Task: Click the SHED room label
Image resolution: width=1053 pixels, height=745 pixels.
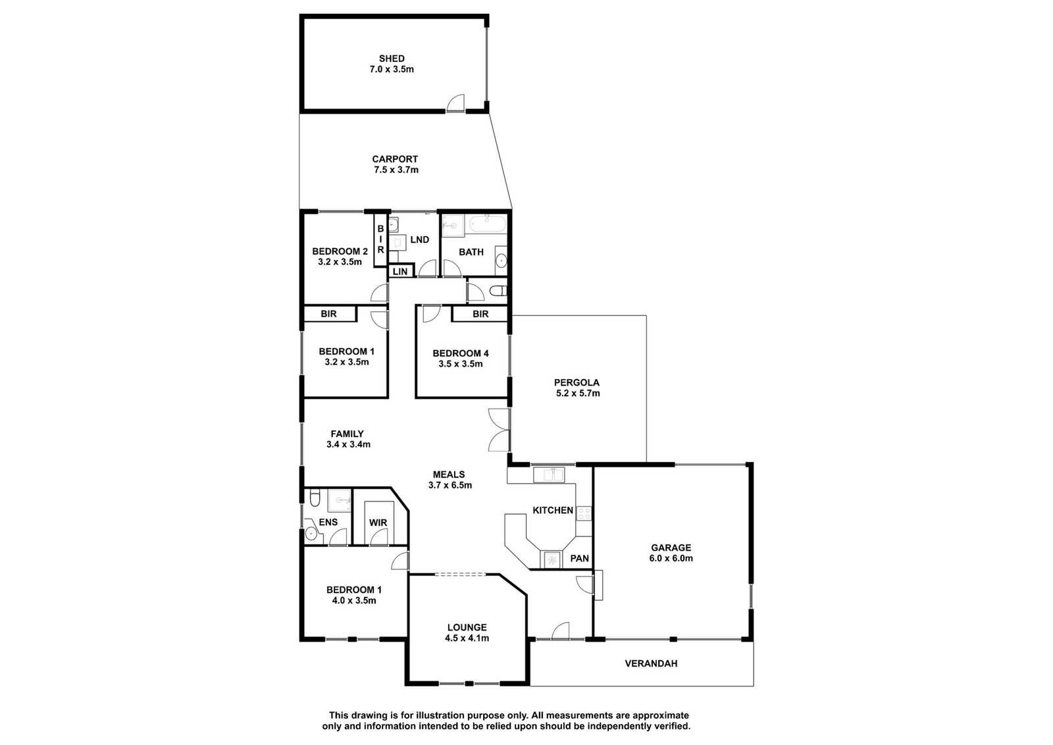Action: coord(392,59)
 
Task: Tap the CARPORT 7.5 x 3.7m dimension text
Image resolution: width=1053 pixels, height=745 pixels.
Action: coord(396,170)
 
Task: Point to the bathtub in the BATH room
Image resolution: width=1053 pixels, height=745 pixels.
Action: coord(488,224)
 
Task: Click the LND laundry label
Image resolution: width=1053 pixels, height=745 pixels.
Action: coord(419,240)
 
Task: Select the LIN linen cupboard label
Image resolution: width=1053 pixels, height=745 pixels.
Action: coord(400,272)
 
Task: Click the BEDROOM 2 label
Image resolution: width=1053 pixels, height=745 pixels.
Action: coord(340,251)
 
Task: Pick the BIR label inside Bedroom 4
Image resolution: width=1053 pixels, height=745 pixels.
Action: coord(480,314)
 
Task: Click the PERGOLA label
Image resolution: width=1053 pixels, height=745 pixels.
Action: coord(577,382)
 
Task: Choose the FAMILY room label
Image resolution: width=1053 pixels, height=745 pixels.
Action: coord(347,434)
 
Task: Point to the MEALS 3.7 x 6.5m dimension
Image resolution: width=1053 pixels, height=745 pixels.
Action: coord(450,485)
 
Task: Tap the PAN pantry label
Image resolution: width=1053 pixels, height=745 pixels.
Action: coord(580,558)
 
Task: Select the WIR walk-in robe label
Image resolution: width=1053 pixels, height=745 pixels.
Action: coord(378,523)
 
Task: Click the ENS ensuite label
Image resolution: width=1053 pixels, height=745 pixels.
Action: coord(328,522)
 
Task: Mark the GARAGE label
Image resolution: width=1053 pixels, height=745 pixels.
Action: coord(671,548)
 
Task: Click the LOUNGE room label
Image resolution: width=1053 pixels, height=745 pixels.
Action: coord(467,627)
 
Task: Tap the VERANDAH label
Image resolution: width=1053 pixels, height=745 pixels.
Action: coord(651,663)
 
